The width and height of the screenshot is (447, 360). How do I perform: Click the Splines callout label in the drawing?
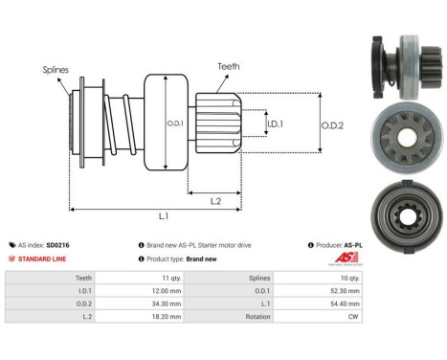[56, 70]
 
